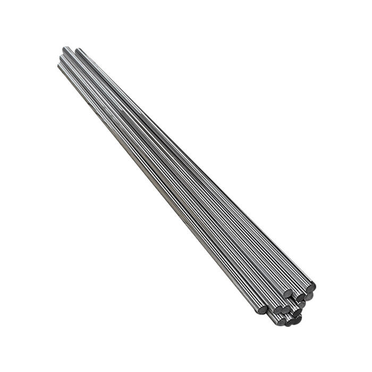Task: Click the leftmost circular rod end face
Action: (263, 309)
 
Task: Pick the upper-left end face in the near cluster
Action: (288, 293)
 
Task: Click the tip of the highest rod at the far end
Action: (65, 48)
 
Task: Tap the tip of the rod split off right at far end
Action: (78, 50)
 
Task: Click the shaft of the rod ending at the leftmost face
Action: (159, 191)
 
